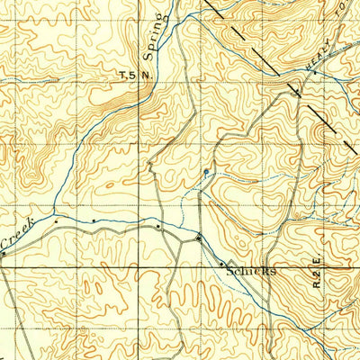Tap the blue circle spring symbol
point(205,171)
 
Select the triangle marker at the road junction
point(199,238)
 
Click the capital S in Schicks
point(231,269)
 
